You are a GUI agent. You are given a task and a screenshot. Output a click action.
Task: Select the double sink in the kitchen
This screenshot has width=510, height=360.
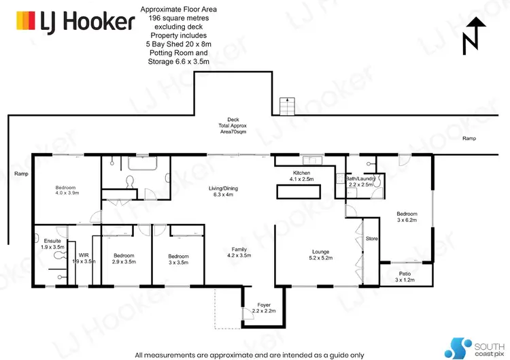coord(314,160)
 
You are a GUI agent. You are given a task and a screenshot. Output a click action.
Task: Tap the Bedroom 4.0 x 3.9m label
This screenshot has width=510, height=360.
coord(66,190)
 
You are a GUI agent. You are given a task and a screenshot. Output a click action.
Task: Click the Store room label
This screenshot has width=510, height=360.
coord(371,239)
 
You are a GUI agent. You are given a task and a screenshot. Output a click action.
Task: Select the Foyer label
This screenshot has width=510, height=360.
coord(263,307)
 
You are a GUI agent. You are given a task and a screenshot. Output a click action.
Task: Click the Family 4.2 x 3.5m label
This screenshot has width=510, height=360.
coord(239,252)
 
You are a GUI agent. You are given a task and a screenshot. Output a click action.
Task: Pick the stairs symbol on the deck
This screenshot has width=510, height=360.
coord(287,106)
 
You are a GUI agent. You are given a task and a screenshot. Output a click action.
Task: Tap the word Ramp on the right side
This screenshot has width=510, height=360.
coord(469,138)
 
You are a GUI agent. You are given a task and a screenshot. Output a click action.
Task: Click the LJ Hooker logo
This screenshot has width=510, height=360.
coord(75,22)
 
